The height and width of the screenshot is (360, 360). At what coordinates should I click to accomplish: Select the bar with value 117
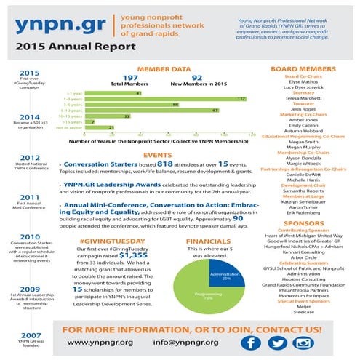[x=167, y=97]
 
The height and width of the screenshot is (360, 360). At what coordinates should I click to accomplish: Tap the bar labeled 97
[x=153, y=110]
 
